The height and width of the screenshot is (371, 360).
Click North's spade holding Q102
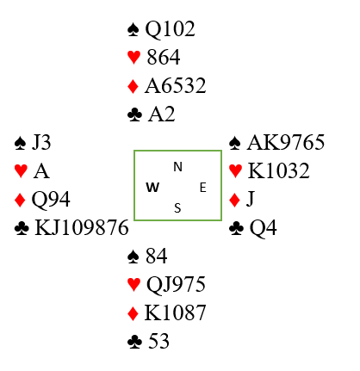click(171, 29)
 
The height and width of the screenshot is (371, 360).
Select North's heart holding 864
click(164, 57)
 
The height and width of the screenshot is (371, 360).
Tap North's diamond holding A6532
click(176, 85)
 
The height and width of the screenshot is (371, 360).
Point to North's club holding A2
click(161, 114)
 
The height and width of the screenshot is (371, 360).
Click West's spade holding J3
click(41, 142)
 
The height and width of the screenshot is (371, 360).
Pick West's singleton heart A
click(41, 171)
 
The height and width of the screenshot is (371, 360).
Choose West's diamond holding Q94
click(51, 200)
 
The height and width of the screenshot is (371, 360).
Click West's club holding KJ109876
click(82, 228)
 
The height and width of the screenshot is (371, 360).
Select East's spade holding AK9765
click(286, 142)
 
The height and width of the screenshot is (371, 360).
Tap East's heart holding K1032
click(278, 171)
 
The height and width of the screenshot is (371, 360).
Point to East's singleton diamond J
click(251, 199)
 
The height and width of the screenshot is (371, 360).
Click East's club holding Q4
click(263, 228)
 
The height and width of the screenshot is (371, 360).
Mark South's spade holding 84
click(157, 256)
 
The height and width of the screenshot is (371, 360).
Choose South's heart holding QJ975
click(176, 285)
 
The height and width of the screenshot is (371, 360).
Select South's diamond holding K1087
click(175, 312)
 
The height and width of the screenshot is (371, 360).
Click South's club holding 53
click(158, 341)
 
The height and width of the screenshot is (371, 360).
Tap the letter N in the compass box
click(178, 167)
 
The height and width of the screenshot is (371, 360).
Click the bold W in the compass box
click(152, 188)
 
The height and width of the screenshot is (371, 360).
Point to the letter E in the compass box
click(202, 188)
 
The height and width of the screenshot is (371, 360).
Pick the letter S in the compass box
click(177, 208)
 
